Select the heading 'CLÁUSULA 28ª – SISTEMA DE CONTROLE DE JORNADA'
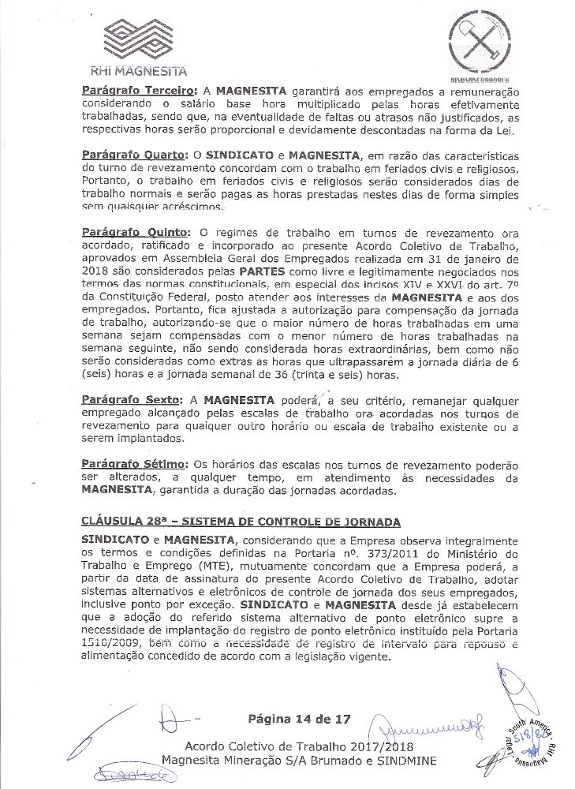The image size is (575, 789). click(x=241, y=522)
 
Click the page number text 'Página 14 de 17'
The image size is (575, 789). click(x=293, y=719)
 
